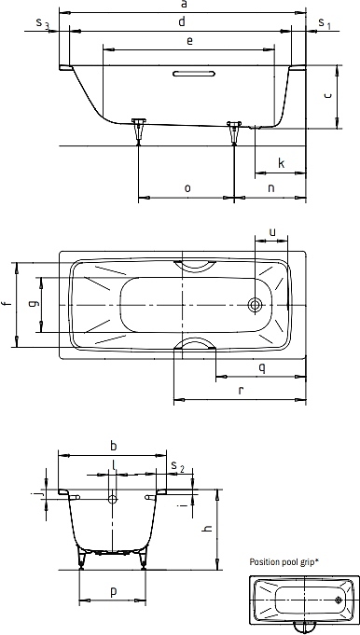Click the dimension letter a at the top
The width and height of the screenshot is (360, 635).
184,5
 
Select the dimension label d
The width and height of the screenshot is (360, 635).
182,21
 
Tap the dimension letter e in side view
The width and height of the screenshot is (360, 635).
189,40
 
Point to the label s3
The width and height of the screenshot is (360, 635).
42,23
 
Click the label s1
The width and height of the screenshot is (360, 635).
325,23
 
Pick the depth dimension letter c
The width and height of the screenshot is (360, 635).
328,95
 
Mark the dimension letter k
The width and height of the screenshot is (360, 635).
282,163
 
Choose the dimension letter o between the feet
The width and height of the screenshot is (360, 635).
187,188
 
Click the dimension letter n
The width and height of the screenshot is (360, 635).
271,188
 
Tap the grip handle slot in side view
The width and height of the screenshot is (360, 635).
194,74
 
